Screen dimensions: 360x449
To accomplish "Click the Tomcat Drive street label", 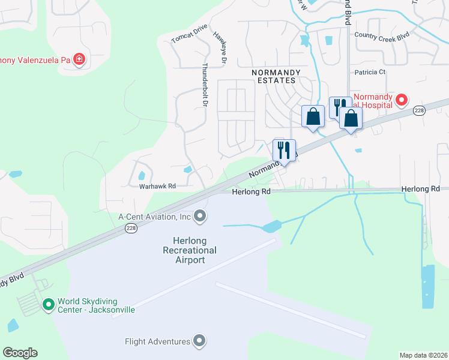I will pos(189,34).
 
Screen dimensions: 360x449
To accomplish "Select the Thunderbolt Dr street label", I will pos(205,85).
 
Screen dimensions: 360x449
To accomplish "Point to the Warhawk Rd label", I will pos(157,187).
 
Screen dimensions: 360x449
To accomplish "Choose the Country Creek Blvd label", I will pos(382,36).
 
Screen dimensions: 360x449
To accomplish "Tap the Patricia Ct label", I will pos(370,72).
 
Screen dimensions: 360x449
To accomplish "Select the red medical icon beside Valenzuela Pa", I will pos(79,59).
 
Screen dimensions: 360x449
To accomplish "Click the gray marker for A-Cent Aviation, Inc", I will pos(200,216).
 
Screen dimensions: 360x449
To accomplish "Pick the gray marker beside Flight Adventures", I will pos(200,341).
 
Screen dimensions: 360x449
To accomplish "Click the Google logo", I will pos(20,353).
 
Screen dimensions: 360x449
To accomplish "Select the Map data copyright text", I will pos(423,355).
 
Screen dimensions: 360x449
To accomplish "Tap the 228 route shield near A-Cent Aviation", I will pos(131,228).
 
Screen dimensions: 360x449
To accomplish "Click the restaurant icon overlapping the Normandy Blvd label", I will pos(284,149).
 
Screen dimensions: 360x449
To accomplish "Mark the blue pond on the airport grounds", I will pos(271,226).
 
